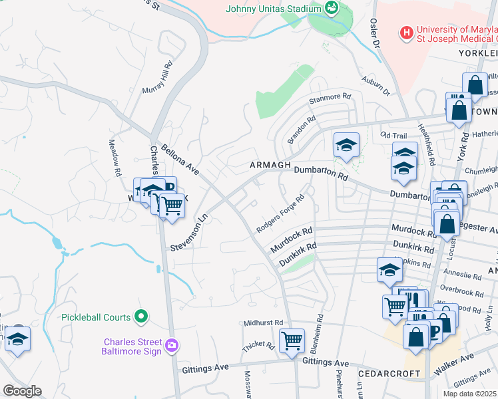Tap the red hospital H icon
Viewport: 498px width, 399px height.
coord(405,32)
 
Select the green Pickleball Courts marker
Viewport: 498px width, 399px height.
coord(140,316)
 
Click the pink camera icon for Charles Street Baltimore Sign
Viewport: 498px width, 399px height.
coord(172,345)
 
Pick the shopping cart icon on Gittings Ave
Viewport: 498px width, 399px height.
coord(292,341)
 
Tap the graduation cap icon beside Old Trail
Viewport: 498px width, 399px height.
coord(346,145)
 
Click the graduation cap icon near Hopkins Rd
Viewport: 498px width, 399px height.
coord(390,270)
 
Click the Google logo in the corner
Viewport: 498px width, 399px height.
coord(22,391)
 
